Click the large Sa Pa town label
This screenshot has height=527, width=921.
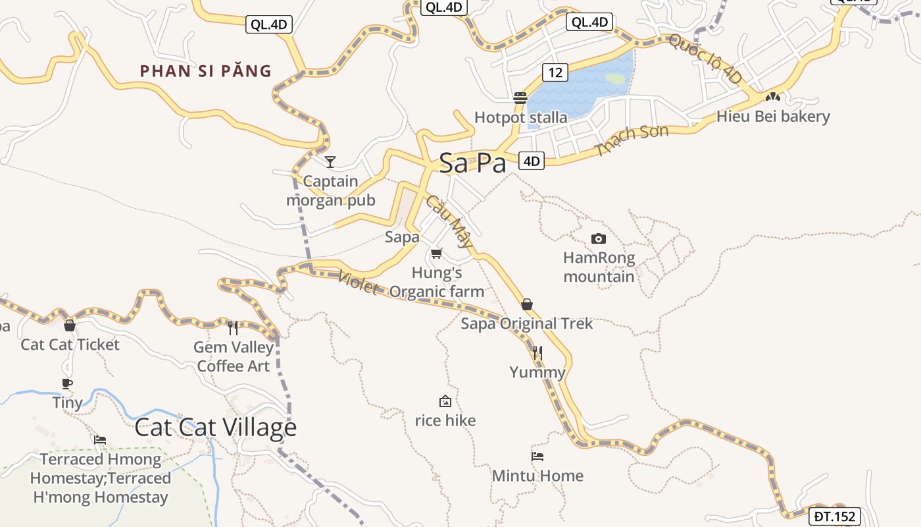click(472, 163)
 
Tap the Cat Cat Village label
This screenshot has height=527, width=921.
click(216, 428)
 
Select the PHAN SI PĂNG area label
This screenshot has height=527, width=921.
click(206, 71)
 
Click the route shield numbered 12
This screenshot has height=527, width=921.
click(555, 72)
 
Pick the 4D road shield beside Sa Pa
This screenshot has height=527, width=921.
click(532, 161)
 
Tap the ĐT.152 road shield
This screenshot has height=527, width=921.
click(834, 516)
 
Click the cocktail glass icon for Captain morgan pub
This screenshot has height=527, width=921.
click(330, 161)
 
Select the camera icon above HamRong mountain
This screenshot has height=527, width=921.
click(599, 238)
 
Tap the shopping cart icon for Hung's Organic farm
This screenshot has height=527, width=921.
click(436, 253)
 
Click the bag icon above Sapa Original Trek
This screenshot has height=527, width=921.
click(526, 304)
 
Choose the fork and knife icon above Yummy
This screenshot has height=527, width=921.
click(537, 353)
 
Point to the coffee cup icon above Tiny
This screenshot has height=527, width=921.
click(66, 383)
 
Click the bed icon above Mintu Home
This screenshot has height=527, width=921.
click(537, 456)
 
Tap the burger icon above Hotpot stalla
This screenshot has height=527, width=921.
click(520, 98)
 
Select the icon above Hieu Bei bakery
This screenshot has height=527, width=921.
click(772, 97)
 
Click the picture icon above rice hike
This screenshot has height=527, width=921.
click(445, 401)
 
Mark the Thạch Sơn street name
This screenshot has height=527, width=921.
click(632, 140)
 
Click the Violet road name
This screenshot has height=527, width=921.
click(359, 283)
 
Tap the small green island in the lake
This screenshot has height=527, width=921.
click(615, 79)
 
